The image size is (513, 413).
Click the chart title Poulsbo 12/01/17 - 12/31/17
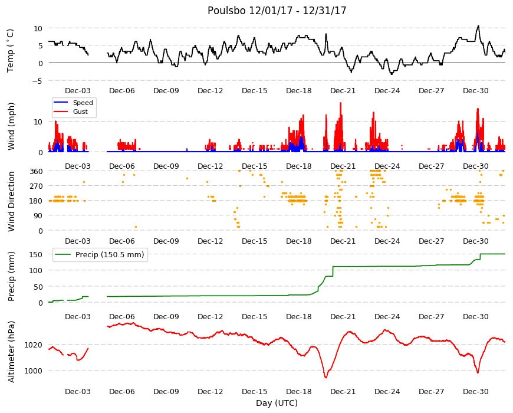pyautogui.click(x=277, y=11)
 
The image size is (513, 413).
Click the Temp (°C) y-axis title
pyautogui.click(x=11, y=51)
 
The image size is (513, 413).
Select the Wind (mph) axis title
pyautogui.click(x=11, y=126)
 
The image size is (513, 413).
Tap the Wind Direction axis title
pyautogui.click(x=11, y=201)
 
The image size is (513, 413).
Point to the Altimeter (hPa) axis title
pyautogui.click(x=11, y=352)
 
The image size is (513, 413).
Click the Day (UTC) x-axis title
pyautogui.click(x=277, y=403)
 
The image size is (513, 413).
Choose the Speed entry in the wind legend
pyautogui.click(x=83, y=103)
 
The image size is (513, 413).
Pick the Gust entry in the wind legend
pyautogui.click(x=80, y=112)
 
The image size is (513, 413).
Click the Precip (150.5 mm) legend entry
pyautogui.click(x=110, y=255)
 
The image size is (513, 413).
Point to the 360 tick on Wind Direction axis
pyautogui.click(x=37, y=172)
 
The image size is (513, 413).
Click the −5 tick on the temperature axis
pyautogui.click(x=38, y=81)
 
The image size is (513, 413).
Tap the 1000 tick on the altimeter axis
pyautogui.click(x=34, y=371)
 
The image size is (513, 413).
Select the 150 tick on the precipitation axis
pyautogui.click(x=37, y=254)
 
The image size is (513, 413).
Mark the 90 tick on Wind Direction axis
pyautogui.click(x=38, y=216)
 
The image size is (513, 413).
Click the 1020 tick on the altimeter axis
pyautogui.click(x=34, y=345)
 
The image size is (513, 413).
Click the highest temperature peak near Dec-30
pyautogui.click(x=478, y=26)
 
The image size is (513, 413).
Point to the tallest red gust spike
pyautogui.click(x=341, y=103)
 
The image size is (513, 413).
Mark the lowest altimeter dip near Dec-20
pyautogui.click(x=325, y=378)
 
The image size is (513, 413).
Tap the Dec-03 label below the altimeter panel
pyautogui.click(x=77, y=391)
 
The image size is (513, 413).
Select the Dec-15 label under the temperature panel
pyautogui.click(x=255, y=91)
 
